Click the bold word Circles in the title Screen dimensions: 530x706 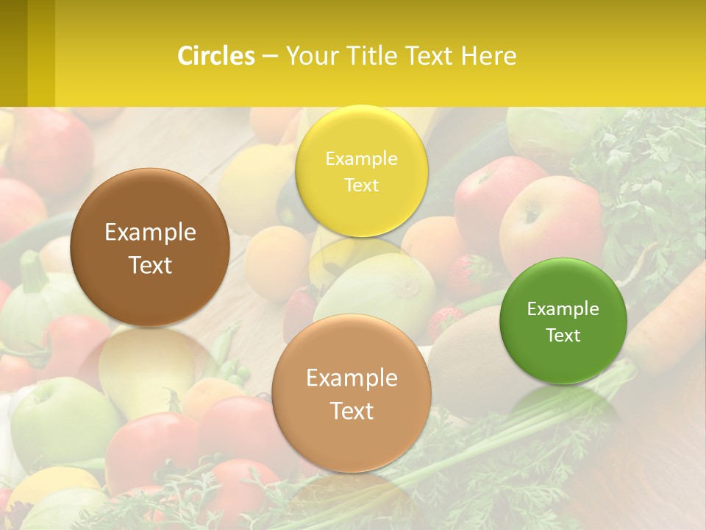(215, 56)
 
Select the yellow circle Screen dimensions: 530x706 (361, 170)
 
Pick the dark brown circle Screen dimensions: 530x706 (150, 247)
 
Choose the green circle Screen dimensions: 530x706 (563, 321)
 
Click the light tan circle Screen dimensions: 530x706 (352, 393)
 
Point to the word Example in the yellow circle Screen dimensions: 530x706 (361, 158)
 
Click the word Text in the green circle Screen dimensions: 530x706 (563, 336)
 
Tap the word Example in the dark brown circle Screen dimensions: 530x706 (150, 233)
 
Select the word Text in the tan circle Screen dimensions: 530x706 (352, 411)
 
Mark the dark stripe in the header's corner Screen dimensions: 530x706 (13, 53)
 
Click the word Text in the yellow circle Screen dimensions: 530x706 (361, 185)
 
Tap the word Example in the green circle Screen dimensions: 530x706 (563, 308)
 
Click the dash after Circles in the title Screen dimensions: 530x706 (269, 56)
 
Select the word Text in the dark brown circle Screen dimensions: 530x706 (150, 265)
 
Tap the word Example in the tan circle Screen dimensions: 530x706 (352, 378)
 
